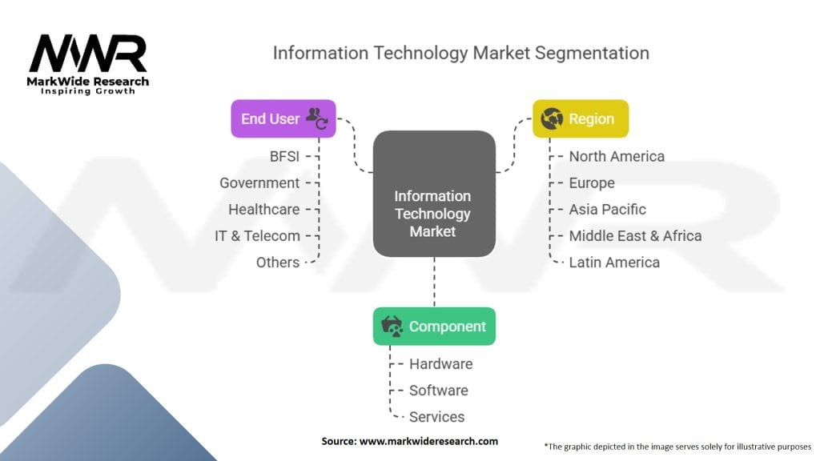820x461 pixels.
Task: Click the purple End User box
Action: (x=283, y=118)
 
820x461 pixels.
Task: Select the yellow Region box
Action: (x=581, y=118)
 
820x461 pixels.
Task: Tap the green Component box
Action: (x=434, y=327)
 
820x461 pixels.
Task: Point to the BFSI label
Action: (x=284, y=156)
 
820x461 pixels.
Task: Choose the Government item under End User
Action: (x=259, y=182)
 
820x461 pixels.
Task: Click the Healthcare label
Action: (x=263, y=209)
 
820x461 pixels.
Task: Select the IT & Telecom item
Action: (x=257, y=235)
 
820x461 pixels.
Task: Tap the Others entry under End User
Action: (x=278, y=262)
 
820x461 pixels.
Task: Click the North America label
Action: (x=616, y=156)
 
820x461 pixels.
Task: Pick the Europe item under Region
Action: (x=592, y=182)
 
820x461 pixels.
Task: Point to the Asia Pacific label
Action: (x=607, y=209)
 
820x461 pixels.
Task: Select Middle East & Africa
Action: (x=635, y=235)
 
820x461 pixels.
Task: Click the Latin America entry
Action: (x=614, y=262)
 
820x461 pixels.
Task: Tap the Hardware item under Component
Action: (x=440, y=363)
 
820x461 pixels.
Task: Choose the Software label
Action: (x=438, y=390)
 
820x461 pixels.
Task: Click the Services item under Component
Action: (x=436, y=416)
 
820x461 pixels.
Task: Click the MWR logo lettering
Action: (x=88, y=54)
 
